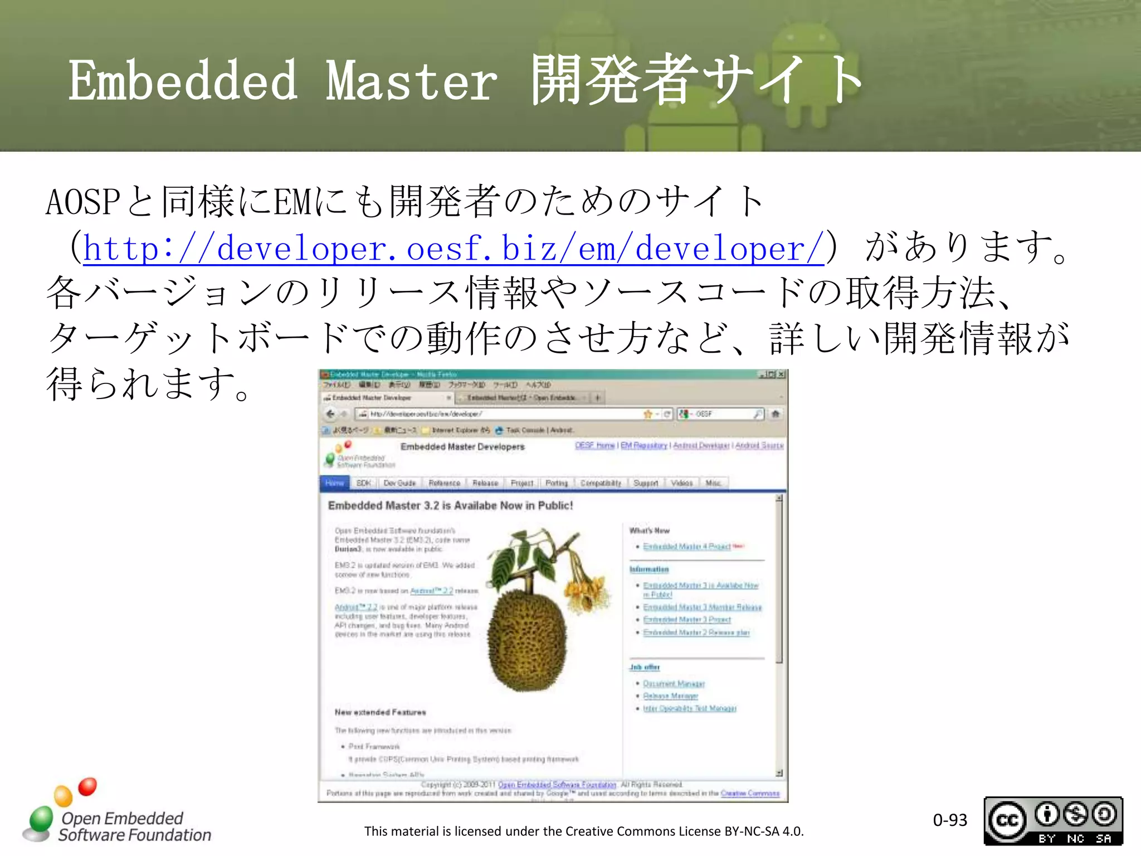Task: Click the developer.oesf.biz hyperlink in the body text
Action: (454, 249)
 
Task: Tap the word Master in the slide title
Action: (411, 82)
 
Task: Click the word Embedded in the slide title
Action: (183, 82)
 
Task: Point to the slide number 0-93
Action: (950, 820)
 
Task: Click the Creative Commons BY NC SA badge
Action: (1053, 821)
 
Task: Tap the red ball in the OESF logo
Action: (87, 786)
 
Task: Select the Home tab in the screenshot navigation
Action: (334, 483)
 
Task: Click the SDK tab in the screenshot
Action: (363, 483)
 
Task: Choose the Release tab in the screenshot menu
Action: (485, 483)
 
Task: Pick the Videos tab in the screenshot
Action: (682, 483)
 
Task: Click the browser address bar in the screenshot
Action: (501, 414)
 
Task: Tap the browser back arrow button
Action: (330, 414)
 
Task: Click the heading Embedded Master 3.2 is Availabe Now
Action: (450, 505)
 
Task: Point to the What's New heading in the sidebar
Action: (650, 531)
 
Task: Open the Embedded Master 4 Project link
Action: (686, 547)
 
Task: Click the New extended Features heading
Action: (380, 712)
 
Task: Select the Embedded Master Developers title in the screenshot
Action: (462, 447)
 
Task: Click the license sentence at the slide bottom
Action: (584, 831)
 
